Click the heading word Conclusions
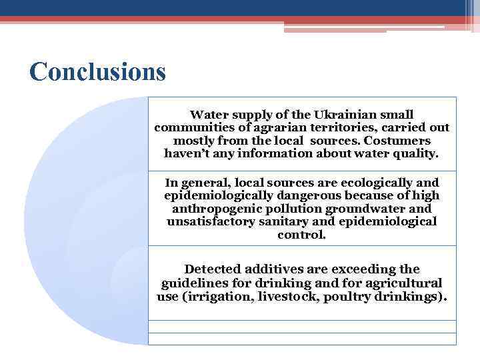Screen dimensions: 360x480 click(x=97, y=71)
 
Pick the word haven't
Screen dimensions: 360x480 click(x=190, y=153)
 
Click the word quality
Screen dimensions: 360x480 click(x=415, y=153)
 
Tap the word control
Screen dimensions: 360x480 click(x=301, y=235)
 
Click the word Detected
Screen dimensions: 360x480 click(x=213, y=269)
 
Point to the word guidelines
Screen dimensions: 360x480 click(x=194, y=283)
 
